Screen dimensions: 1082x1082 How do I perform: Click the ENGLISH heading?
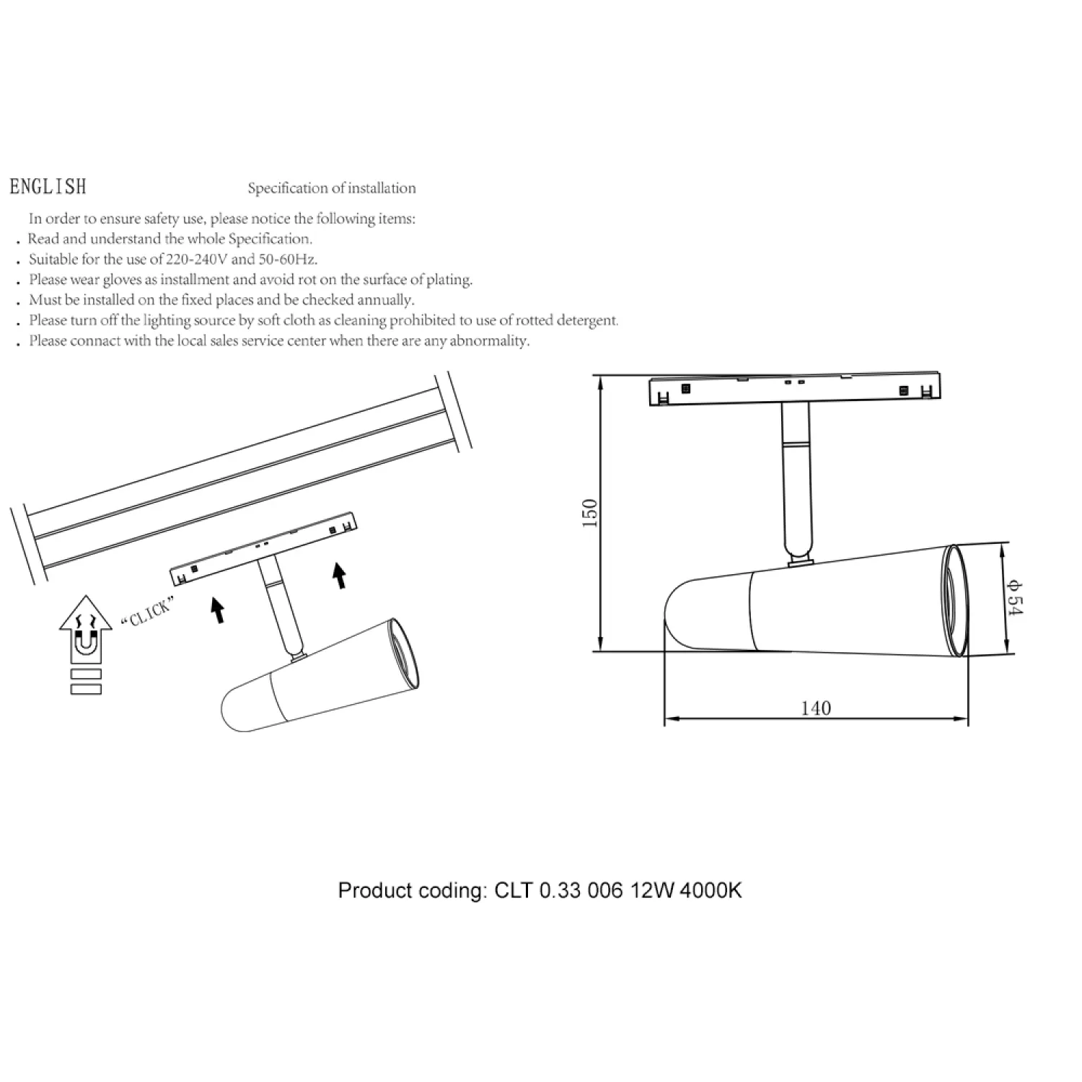click(48, 187)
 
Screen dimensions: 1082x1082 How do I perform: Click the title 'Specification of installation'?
click(332, 188)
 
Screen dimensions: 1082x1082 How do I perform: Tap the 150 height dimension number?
click(590, 513)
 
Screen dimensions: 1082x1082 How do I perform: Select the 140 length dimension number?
click(816, 708)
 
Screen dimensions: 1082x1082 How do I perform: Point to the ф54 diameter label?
click(1014, 598)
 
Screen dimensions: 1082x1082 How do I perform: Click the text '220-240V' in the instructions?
click(197, 259)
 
